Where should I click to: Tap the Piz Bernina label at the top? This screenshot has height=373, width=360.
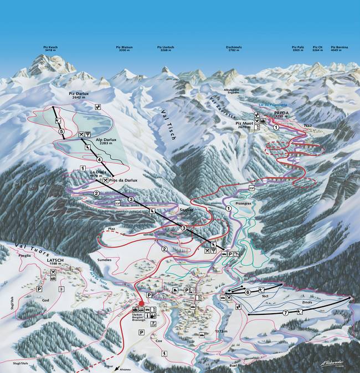click(x=339, y=49)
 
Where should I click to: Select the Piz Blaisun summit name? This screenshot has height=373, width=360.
click(x=125, y=49)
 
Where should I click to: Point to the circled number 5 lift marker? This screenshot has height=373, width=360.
click(x=62, y=132)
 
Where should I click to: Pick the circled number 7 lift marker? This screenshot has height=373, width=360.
click(x=286, y=313)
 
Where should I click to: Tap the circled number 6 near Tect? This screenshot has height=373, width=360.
click(x=248, y=292)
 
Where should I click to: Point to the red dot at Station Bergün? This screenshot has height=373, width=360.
click(x=142, y=303)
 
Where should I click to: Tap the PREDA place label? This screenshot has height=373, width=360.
click(x=266, y=112)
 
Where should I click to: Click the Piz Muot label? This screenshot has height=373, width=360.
click(x=244, y=123)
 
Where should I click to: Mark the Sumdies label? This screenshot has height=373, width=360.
click(x=104, y=260)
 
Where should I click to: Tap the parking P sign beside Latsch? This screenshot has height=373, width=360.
click(x=39, y=289)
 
